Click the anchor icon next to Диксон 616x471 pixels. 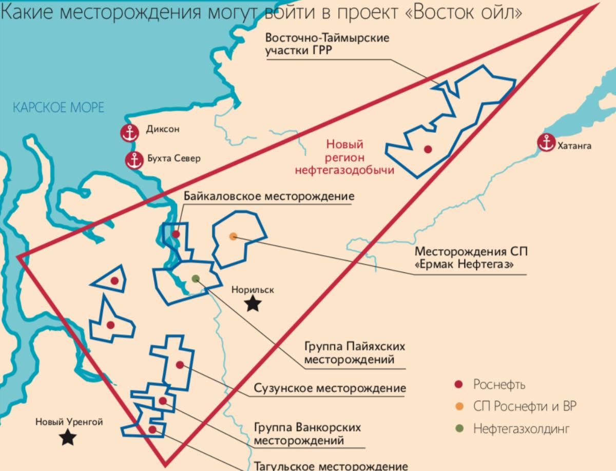tap(130, 133)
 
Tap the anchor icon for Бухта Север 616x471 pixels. tap(135, 160)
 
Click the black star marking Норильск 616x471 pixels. tap(252, 304)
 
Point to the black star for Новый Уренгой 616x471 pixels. tap(68, 438)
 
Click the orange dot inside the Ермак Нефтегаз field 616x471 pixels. tap(233, 236)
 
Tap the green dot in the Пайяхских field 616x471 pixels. tap(195, 278)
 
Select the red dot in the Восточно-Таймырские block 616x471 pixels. tap(427, 149)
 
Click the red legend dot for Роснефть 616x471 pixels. tap(459, 385)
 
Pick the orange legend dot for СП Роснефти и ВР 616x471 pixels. tap(459, 407)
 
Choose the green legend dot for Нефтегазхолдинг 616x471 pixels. tap(459, 429)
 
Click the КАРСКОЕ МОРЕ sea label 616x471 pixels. tap(58, 108)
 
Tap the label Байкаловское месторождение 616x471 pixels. tap(269, 196)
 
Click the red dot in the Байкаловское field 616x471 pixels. tap(176, 234)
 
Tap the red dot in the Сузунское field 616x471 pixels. tap(180, 365)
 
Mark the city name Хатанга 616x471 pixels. tap(574, 146)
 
